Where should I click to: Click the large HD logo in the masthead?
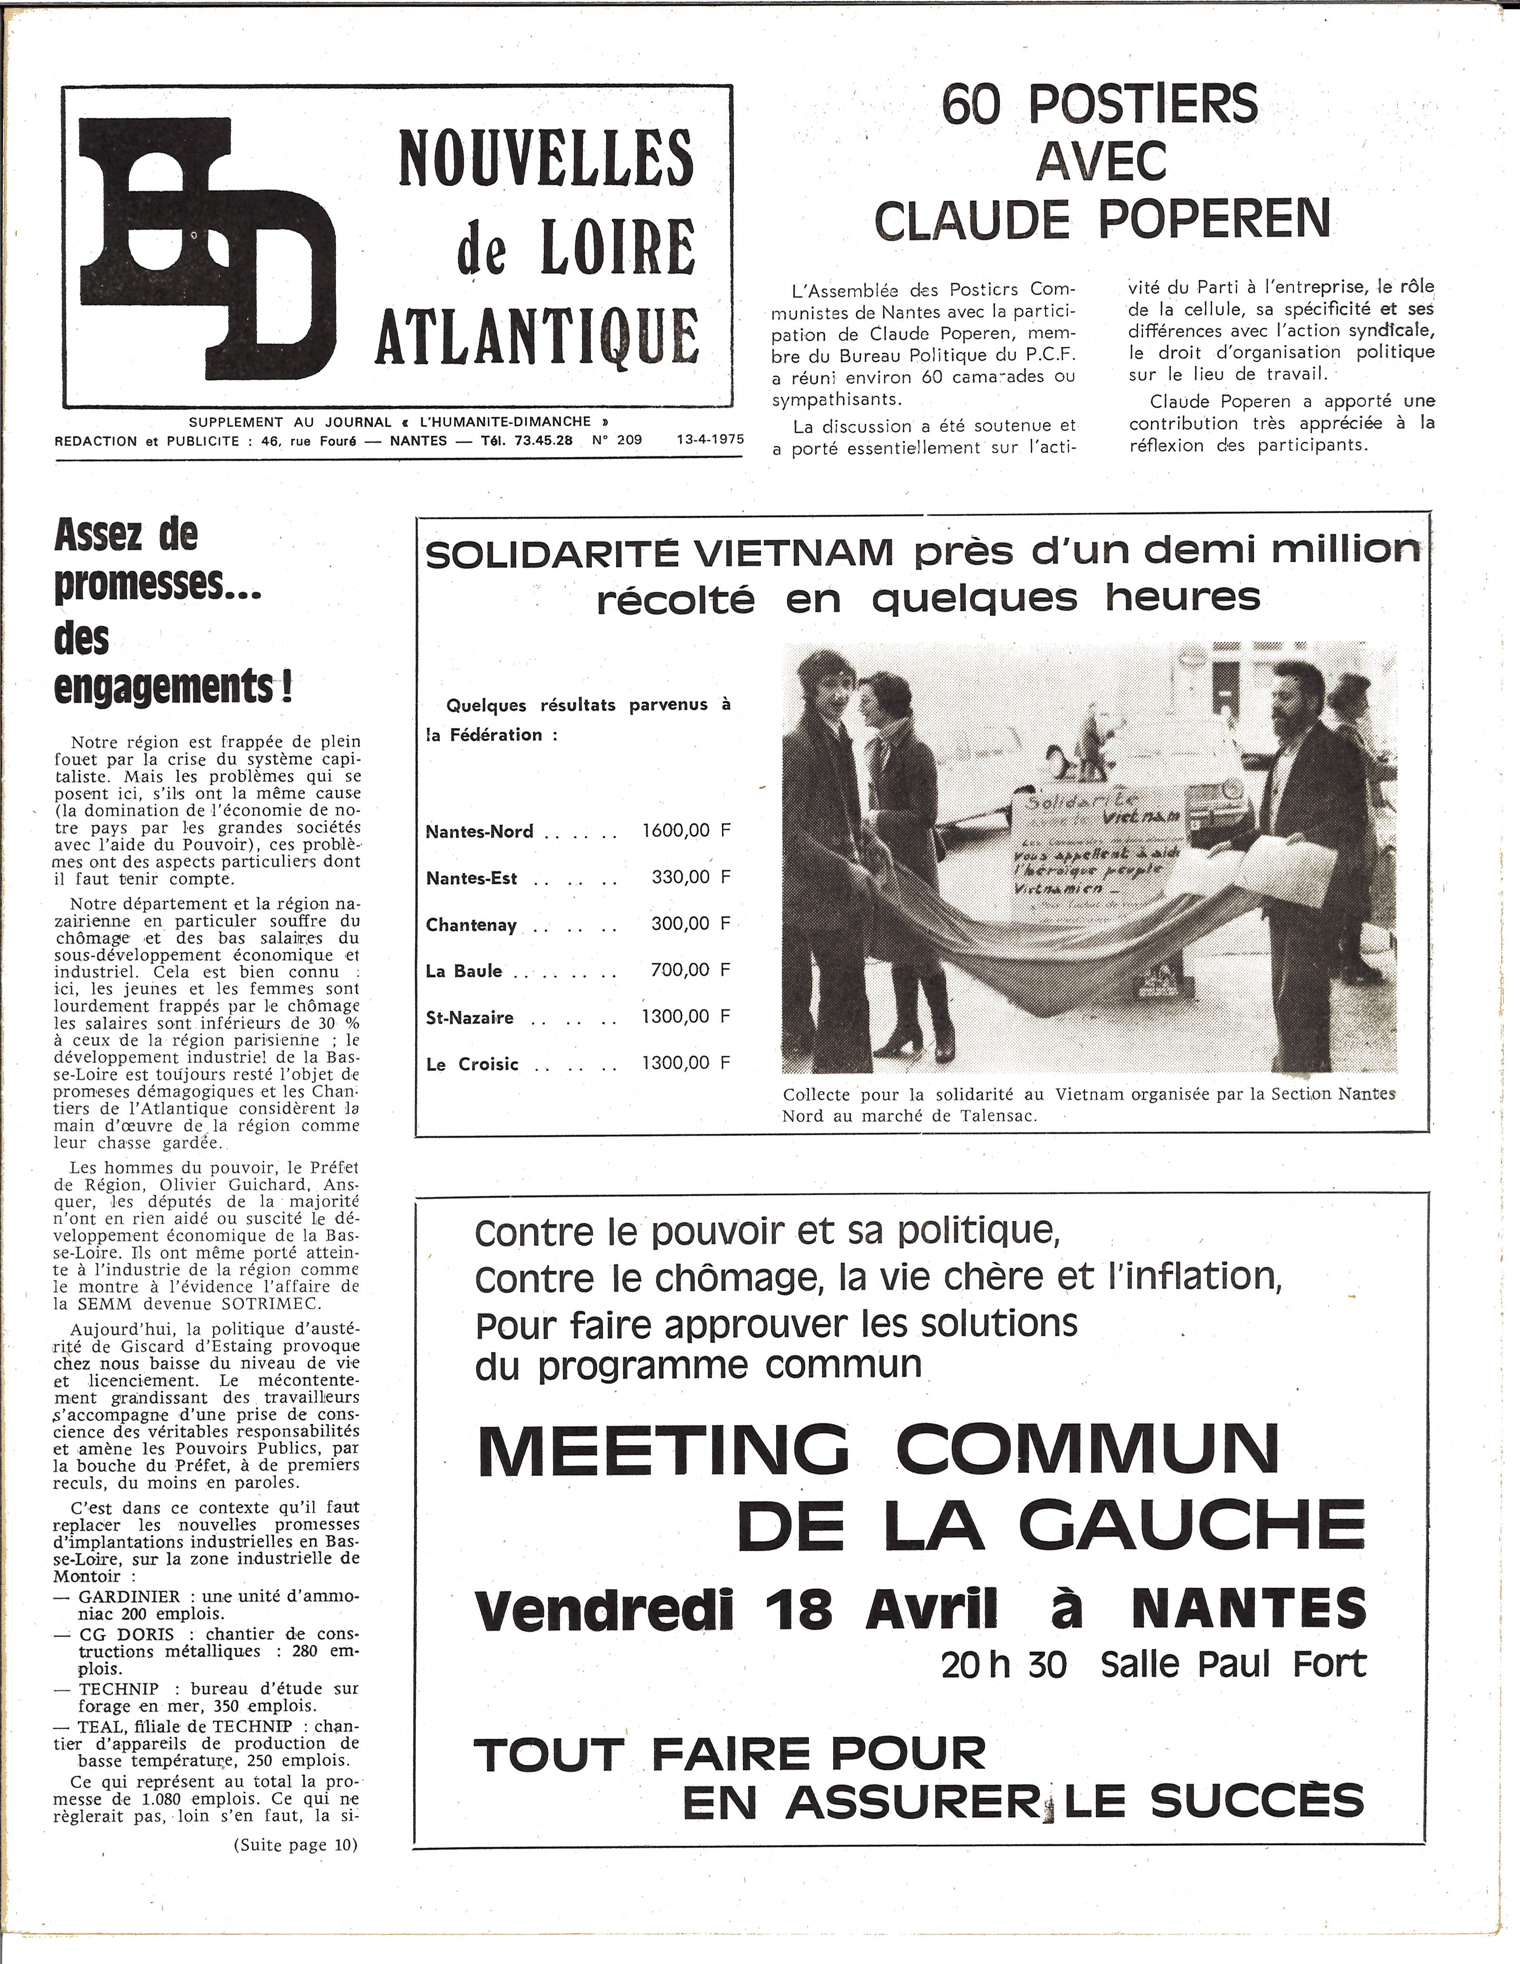(207, 247)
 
